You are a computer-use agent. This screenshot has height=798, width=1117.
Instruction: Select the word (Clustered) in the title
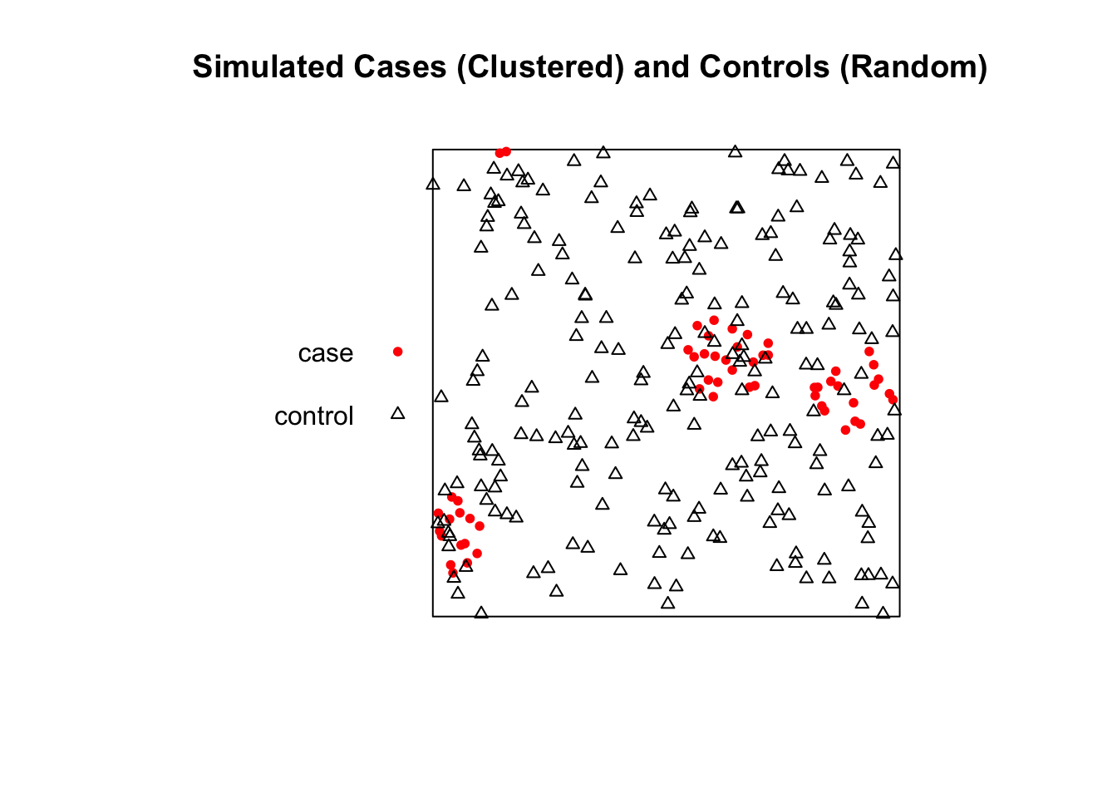(540, 67)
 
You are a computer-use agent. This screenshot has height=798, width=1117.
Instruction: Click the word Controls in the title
(765, 66)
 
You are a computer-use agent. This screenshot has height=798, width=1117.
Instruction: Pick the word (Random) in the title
(913, 67)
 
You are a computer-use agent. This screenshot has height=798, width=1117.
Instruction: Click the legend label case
(326, 353)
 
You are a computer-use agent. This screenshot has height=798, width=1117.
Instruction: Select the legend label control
(313, 416)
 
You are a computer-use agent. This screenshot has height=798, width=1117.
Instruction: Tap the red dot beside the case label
(397, 352)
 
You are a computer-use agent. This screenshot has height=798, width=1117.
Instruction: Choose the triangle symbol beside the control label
(397, 413)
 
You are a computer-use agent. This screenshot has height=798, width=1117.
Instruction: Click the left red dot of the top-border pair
(499, 153)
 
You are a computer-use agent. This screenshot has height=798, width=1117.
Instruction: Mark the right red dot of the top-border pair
(506, 151)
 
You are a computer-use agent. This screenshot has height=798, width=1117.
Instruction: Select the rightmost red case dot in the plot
(893, 399)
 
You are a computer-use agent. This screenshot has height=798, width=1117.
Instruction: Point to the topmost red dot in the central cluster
(714, 320)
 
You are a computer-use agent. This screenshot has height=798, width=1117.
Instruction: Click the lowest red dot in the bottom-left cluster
(453, 573)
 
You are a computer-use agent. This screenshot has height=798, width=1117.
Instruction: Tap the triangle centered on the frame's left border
(433, 184)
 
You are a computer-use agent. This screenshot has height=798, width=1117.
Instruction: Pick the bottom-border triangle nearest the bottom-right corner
(883, 613)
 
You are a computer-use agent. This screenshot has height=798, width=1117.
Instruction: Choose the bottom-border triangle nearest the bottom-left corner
(481, 613)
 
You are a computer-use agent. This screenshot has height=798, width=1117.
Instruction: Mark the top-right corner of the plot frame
(899, 149)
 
